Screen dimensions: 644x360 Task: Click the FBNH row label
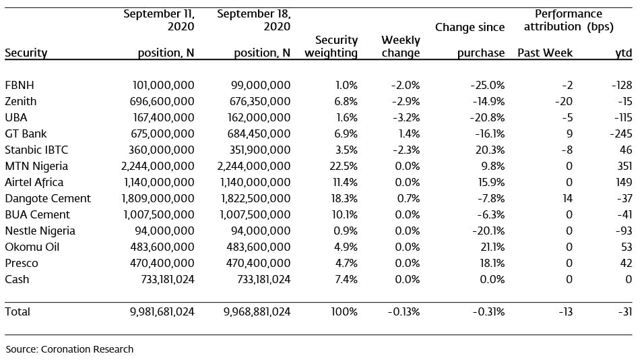click(x=20, y=85)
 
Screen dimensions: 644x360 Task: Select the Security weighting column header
click(x=331, y=46)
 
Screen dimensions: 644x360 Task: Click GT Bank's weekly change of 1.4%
click(x=409, y=133)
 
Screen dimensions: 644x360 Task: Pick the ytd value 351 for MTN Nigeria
click(x=624, y=166)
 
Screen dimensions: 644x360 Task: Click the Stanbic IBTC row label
click(x=36, y=150)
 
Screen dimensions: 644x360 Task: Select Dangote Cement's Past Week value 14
click(x=567, y=198)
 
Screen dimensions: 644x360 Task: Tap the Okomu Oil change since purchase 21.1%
click(x=492, y=247)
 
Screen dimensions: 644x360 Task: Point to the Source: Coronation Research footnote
click(x=69, y=349)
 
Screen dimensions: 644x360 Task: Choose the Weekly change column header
click(x=400, y=46)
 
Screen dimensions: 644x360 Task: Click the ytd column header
click(x=624, y=53)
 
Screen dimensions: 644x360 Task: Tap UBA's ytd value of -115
click(x=623, y=117)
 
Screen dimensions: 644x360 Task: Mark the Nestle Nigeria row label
click(x=40, y=231)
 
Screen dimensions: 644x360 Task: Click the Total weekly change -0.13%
click(x=404, y=311)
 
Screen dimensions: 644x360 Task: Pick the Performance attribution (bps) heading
click(x=569, y=20)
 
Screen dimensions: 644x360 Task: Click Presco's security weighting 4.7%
click(x=346, y=263)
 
